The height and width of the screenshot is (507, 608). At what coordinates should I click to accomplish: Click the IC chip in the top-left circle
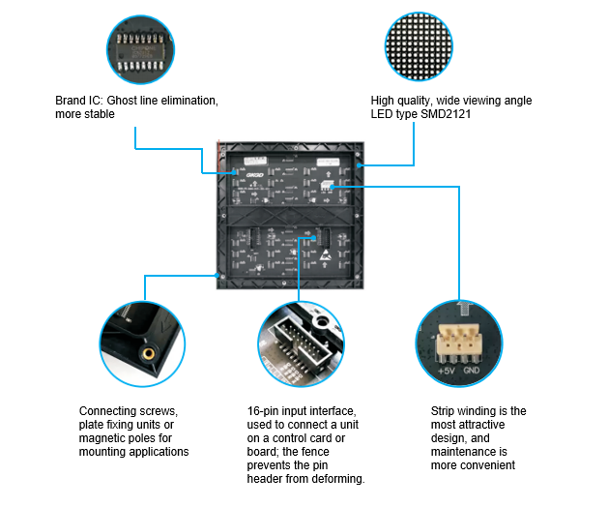pos(141,52)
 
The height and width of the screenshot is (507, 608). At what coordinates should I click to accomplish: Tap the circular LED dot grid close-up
pos(419,46)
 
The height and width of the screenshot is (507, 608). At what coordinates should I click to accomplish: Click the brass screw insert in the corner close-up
pos(148,353)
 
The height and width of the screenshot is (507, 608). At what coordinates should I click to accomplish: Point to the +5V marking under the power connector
pos(446,371)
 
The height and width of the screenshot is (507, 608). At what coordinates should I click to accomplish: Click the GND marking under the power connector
pos(472,371)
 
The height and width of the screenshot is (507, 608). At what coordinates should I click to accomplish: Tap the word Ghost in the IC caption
pos(122,101)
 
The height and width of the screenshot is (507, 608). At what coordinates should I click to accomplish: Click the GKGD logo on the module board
pos(255,175)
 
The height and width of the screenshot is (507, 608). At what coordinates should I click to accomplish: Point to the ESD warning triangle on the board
pos(325,255)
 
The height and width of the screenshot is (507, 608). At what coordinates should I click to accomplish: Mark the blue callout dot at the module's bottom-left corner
pos(217,275)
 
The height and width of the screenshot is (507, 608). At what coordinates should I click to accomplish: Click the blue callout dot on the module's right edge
pos(359,165)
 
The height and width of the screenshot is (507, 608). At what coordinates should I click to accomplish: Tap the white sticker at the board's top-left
pos(255,160)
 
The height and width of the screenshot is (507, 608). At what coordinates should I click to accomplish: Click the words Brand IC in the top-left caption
pos(78,101)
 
